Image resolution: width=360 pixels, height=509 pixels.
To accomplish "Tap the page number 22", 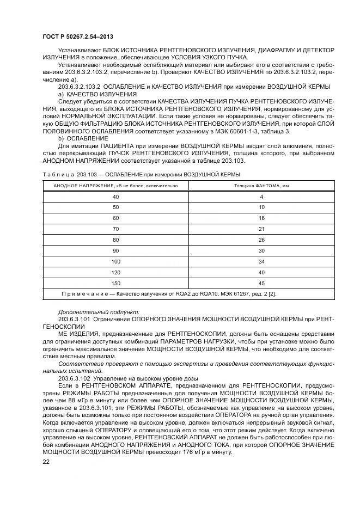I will pyautogui.click(x=45, y=462).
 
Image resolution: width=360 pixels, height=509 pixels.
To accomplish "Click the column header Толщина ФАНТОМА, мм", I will pyautogui.click(x=262, y=186).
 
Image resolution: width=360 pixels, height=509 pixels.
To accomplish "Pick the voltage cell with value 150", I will pyautogui.click(x=115, y=283).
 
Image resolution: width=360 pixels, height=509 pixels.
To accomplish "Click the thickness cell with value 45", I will pyautogui.click(x=262, y=283).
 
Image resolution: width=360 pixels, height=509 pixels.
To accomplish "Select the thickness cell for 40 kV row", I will pyautogui.click(x=262, y=196).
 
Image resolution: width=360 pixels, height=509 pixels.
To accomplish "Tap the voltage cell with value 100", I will pyautogui.click(x=115, y=261).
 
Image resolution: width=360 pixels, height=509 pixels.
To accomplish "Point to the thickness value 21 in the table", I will pyautogui.click(x=262, y=229).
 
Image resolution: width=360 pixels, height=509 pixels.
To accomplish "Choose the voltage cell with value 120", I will pyautogui.click(x=115, y=272).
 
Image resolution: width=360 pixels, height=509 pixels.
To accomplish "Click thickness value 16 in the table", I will pyautogui.click(x=262, y=218).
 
